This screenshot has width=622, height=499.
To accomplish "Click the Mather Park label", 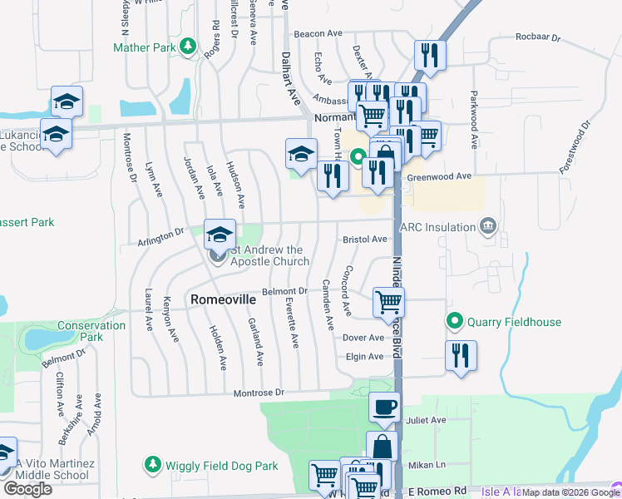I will tap(145, 47).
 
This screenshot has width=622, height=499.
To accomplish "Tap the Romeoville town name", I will tap(220, 299).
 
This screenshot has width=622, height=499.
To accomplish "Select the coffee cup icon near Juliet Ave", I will tap(383, 407).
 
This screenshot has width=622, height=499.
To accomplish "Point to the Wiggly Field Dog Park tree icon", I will tap(152, 463).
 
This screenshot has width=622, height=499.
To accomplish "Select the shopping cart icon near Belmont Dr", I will tap(388, 303).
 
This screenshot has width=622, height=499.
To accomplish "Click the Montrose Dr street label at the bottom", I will tap(259, 392).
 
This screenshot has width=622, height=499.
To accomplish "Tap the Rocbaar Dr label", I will tap(539, 37).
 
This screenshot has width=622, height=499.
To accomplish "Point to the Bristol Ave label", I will tap(365, 239).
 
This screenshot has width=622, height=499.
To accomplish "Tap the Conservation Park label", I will tap(80, 331).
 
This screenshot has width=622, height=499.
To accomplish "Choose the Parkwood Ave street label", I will tap(473, 120).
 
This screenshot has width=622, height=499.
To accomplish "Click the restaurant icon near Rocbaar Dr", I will tap(430, 55).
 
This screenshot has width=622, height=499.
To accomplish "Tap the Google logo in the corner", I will tap(28, 489).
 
